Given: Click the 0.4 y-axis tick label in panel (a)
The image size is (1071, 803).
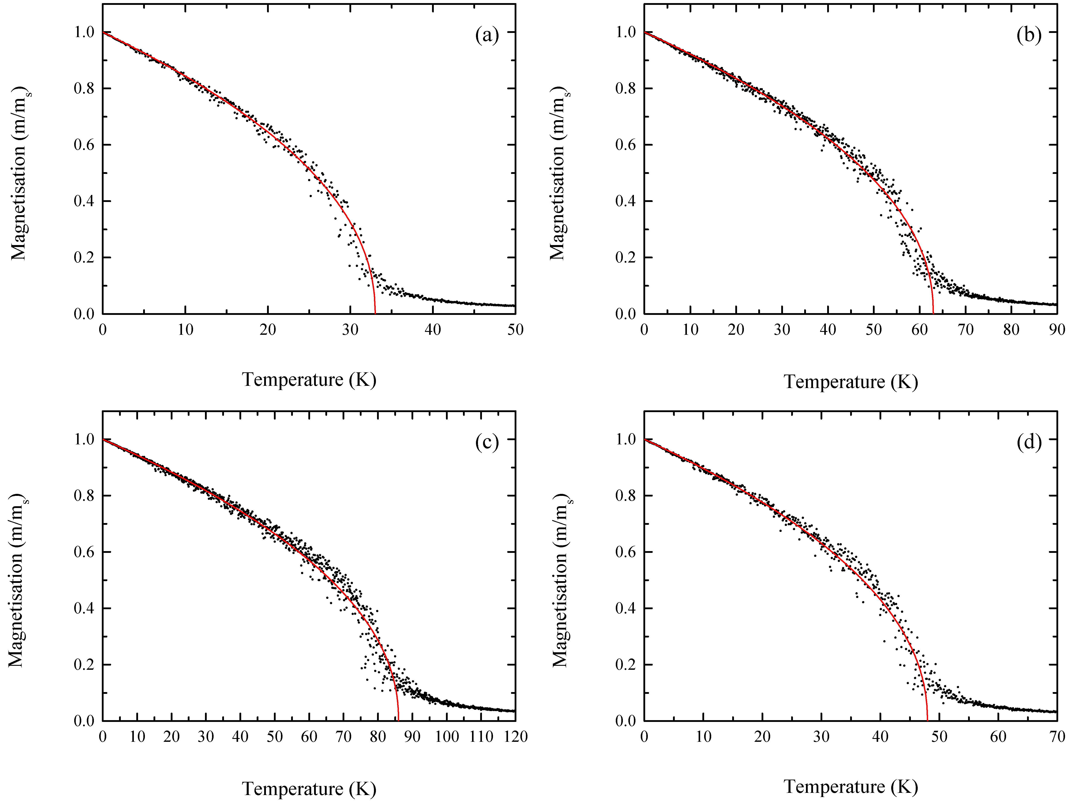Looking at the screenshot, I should [84, 201].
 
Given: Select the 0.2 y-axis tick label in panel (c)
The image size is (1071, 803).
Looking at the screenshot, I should [84, 664].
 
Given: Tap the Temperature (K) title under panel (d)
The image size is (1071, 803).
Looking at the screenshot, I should [851, 787].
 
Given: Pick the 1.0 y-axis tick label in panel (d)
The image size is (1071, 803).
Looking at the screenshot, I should [626, 439].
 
